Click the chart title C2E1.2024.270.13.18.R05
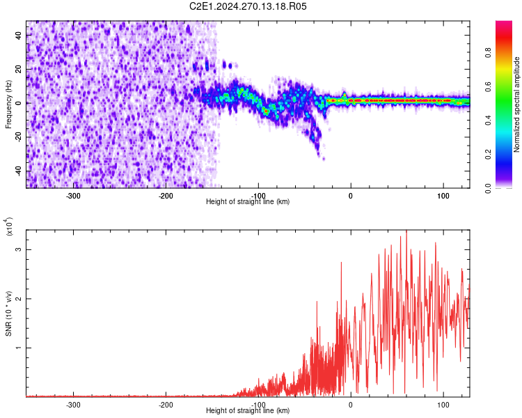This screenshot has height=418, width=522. pyautogui.click(x=248, y=6)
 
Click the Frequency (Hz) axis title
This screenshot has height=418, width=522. pyautogui.click(x=8, y=104)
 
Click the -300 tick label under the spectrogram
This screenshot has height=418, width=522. pyautogui.click(x=73, y=196)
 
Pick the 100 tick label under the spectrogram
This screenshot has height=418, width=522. pyautogui.click(x=443, y=196)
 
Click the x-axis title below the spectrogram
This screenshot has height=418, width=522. pyautogui.click(x=248, y=202)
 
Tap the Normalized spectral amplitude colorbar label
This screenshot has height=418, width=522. pyautogui.click(x=516, y=104)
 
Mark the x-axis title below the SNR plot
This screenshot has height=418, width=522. pyautogui.click(x=248, y=411)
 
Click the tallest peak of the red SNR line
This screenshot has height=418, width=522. pyautogui.click(x=406, y=231)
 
